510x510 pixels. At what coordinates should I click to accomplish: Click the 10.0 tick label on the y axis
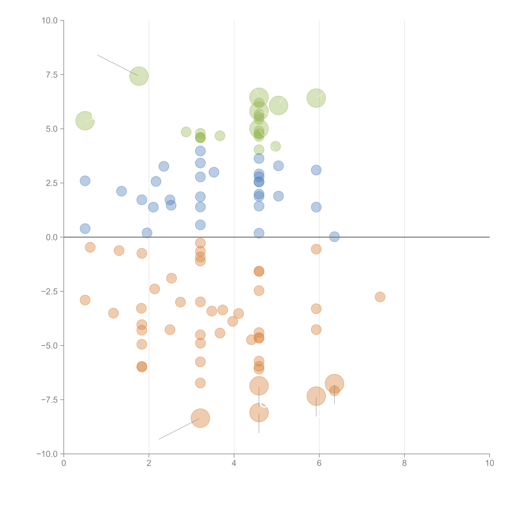[50, 21]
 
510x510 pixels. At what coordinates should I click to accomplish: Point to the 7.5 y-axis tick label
[52, 75]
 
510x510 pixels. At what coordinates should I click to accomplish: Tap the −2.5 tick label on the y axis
[49, 291]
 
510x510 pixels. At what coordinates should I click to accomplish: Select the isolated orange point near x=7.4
[380, 297]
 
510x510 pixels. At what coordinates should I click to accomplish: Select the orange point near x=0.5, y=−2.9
[85, 300]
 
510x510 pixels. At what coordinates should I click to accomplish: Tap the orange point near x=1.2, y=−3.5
[113, 313]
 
